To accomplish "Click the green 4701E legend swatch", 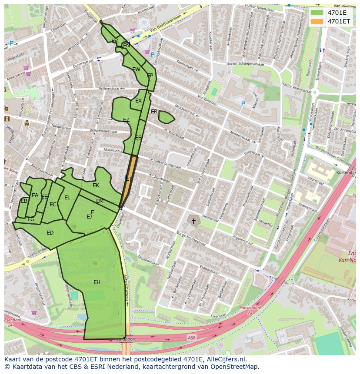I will (x=317, y=13).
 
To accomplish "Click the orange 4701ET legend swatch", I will (x=317, y=21).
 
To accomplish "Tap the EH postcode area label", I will (x=97, y=282).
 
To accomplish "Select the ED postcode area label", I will (x=50, y=233).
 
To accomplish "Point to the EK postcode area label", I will (x=96, y=185).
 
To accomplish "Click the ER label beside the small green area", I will (x=154, y=112).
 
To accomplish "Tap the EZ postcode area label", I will (x=126, y=120).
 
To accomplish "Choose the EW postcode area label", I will (x=136, y=70).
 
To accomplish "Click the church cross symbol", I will (x=193, y=221).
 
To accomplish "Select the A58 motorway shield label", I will (x=192, y=338).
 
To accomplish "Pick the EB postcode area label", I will (x=24, y=201).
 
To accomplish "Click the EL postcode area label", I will (x=67, y=198).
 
